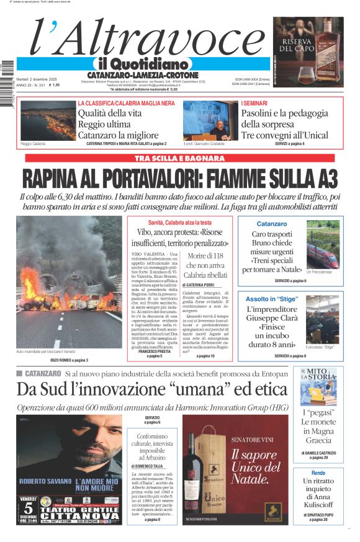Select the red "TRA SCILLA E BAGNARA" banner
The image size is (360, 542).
(x=180, y=158)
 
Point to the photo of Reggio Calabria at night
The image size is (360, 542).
(x=48, y=120)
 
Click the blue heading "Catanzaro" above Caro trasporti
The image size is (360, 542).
(x=272, y=223)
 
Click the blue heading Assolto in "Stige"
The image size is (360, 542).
(x=272, y=298)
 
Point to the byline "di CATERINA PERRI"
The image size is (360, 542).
(x=203, y=284)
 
